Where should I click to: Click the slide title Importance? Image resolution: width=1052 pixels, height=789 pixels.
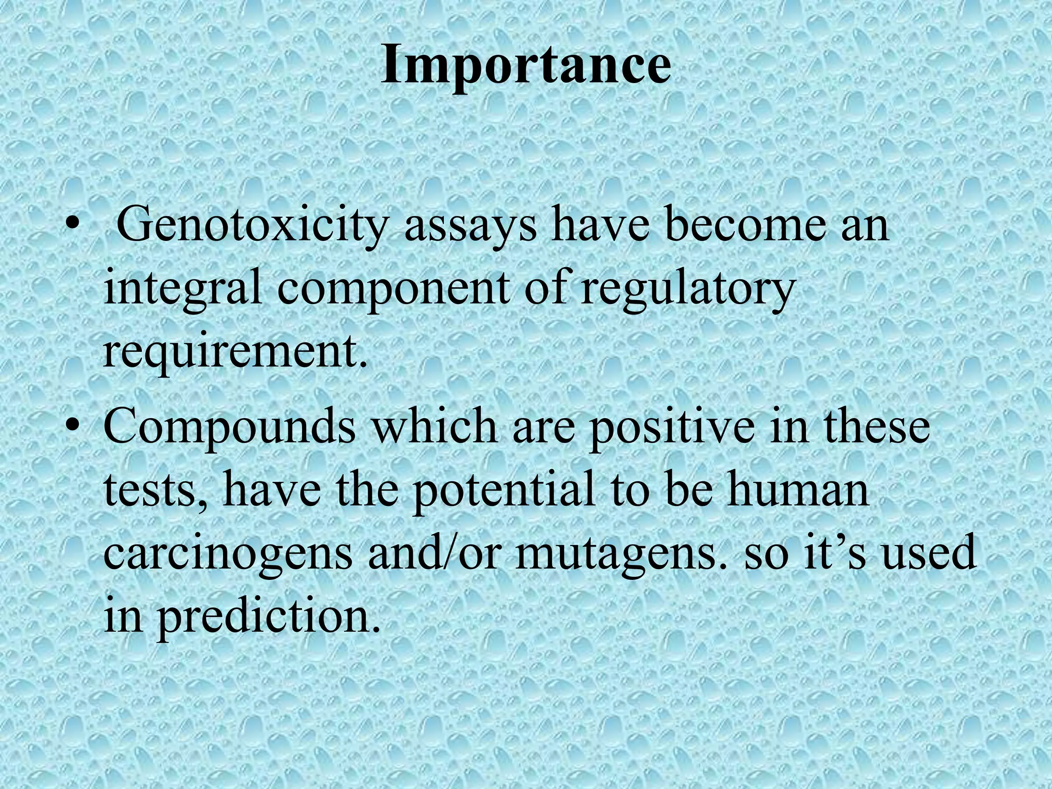coord(525,66)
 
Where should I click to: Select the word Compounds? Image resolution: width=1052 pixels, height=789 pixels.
coord(229,428)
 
